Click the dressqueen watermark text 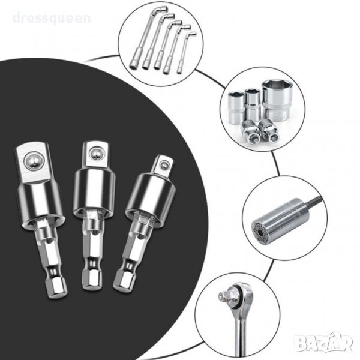[52, 19]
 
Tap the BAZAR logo [323, 343]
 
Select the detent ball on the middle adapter [95, 154]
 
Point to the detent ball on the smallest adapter [163, 165]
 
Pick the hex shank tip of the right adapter [122, 280]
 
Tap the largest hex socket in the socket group [277, 101]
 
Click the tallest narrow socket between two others [253, 105]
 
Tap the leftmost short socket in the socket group [236, 106]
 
